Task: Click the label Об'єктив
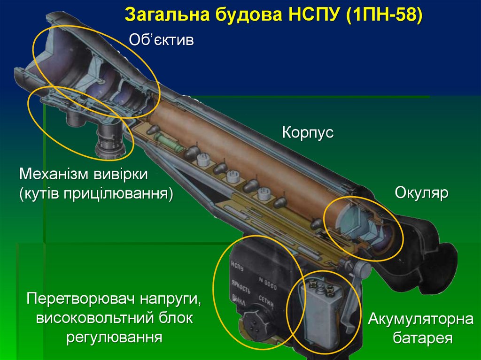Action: pyautogui.click(x=161, y=39)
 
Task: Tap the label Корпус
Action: pyautogui.click(x=308, y=132)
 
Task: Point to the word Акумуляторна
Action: pyautogui.click(x=420, y=320)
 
